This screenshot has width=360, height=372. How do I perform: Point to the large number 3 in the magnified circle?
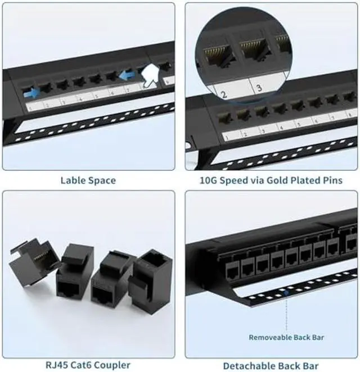tap(259, 88)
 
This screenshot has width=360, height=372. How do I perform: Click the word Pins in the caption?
tap(345, 180)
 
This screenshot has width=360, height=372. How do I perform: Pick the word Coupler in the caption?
tap(112, 365)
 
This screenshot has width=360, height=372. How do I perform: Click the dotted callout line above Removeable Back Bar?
tap(286, 312)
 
